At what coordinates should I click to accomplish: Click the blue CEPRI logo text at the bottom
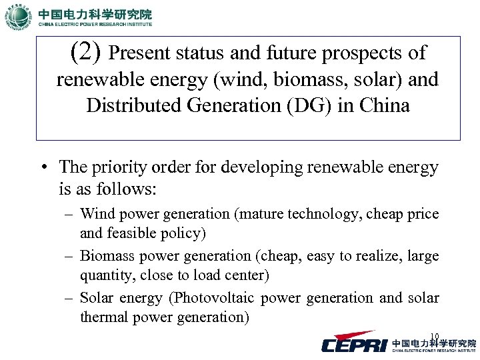pyautogui.click(x=354, y=345)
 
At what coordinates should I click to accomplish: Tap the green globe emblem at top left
pyautogui.click(x=17, y=18)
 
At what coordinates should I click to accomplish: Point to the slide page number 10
pyautogui.click(x=435, y=336)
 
